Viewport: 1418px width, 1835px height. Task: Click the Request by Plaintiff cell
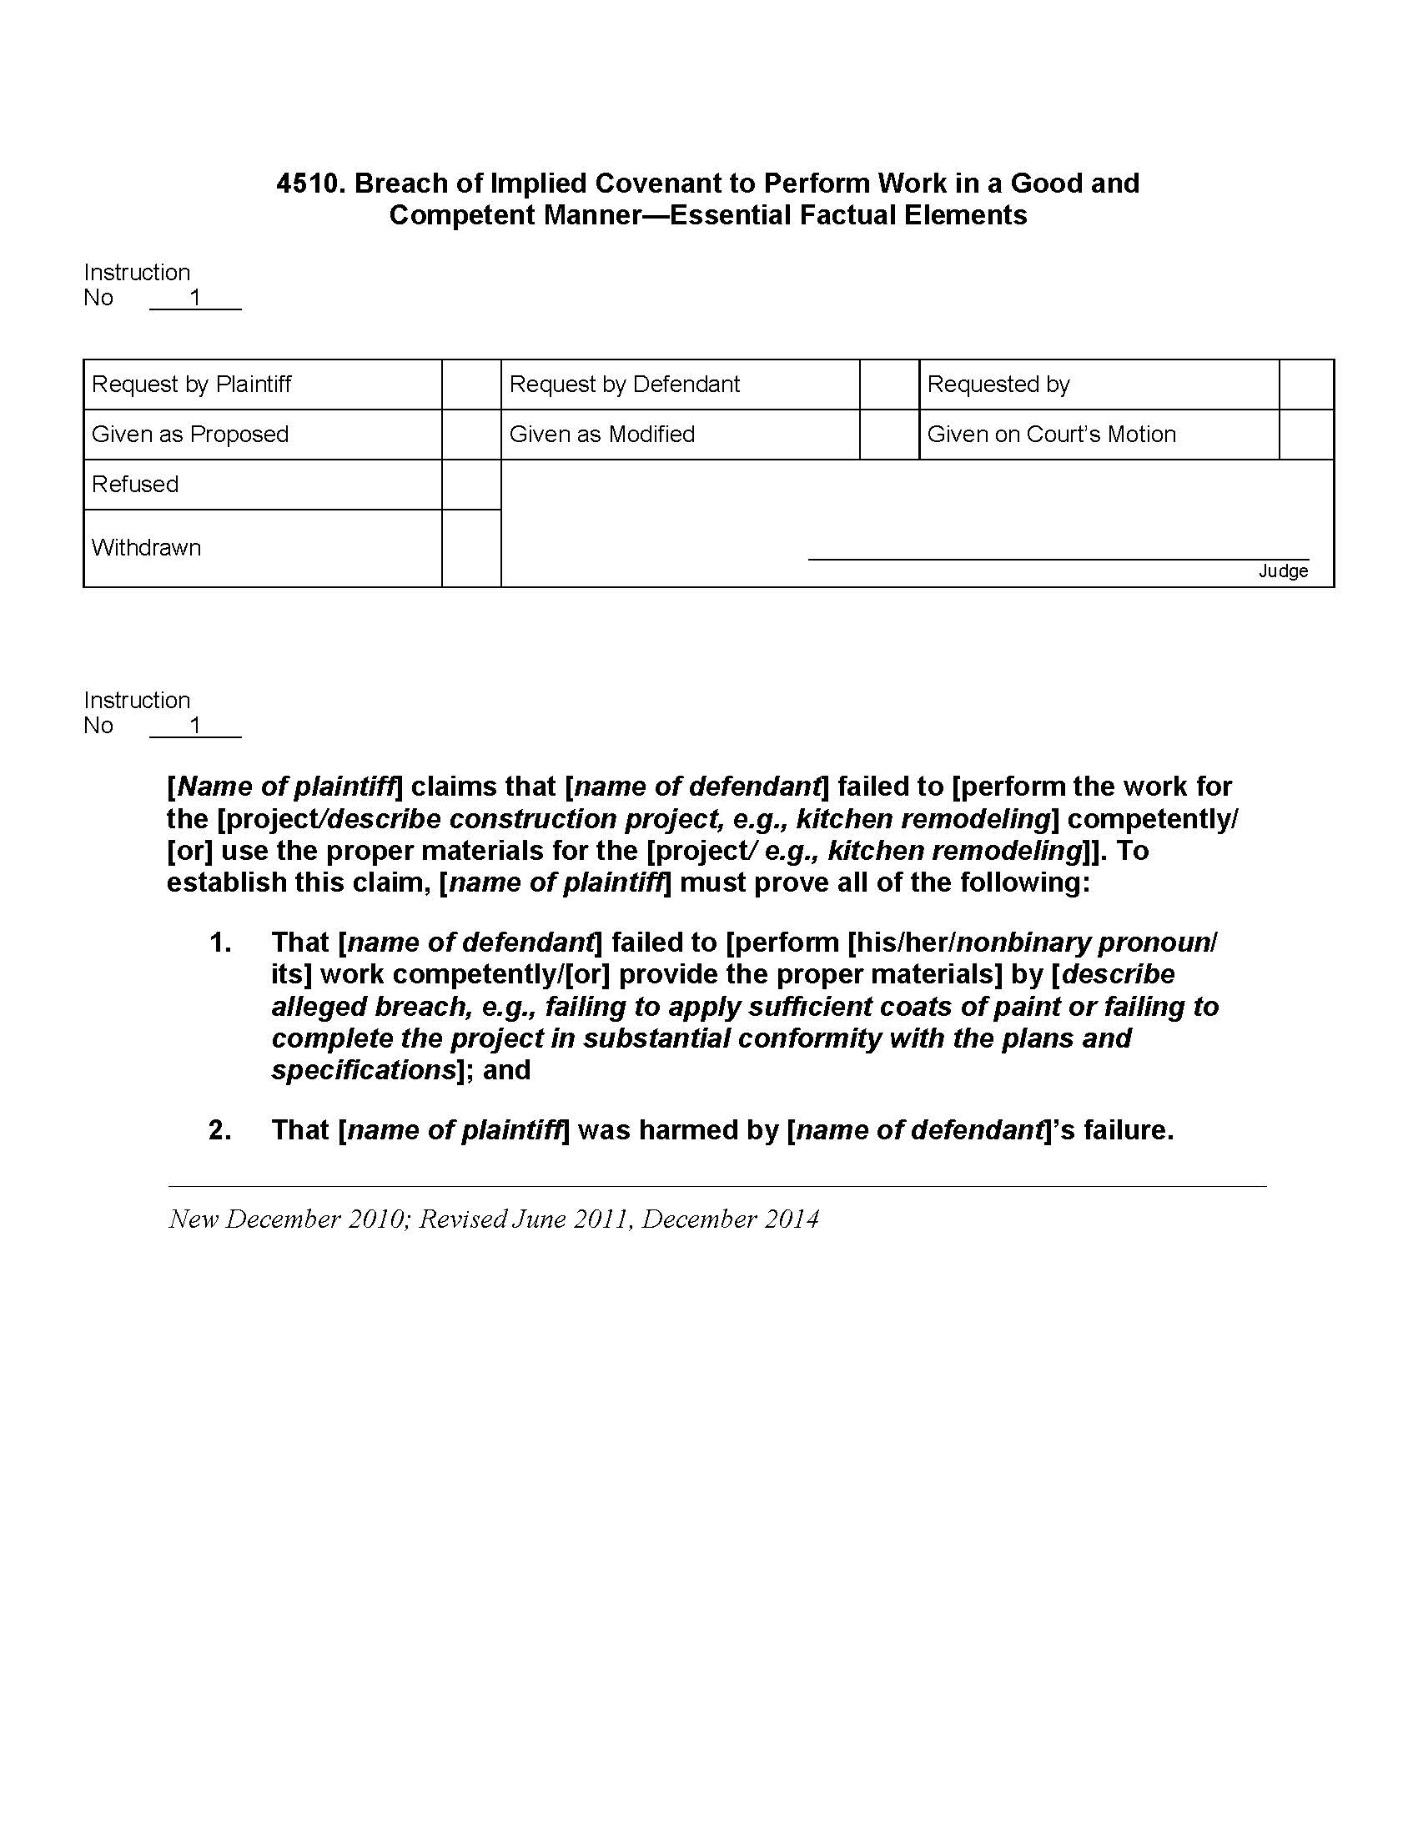[192, 385]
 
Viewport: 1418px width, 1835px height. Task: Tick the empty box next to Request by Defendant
[889, 385]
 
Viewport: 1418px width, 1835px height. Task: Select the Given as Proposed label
[190, 435]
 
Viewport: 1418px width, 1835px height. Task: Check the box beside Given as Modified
[889, 435]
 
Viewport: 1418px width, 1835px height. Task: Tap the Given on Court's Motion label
[1051, 435]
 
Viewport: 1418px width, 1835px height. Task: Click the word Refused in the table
[135, 485]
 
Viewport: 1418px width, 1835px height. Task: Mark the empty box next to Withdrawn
[471, 548]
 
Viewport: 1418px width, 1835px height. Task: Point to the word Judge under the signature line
[1283, 571]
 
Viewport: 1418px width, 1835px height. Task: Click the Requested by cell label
[998, 385]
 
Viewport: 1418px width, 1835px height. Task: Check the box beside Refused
[471, 485]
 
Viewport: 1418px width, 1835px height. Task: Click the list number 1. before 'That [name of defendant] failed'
[220, 943]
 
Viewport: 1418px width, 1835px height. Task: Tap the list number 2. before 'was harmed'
[220, 1130]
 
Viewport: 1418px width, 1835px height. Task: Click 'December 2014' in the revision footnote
[730, 1219]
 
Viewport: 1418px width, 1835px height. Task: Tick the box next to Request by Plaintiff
[471, 385]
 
